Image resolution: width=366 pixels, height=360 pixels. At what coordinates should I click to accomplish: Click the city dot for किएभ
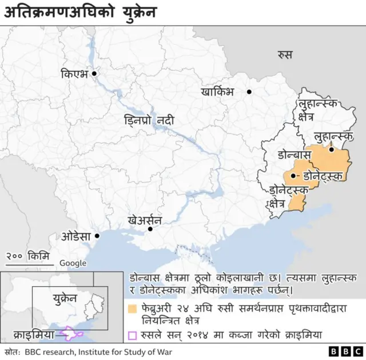tap(94, 73)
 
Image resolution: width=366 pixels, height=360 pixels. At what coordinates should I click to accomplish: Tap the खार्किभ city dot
tap(249, 92)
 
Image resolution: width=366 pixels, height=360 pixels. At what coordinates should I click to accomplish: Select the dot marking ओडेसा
tap(97, 235)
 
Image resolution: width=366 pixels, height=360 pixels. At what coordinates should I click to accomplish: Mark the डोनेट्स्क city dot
tap(293, 176)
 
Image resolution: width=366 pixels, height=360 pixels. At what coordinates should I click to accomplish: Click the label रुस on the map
tap(284, 55)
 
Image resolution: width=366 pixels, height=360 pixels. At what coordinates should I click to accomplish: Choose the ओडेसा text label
tap(77, 236)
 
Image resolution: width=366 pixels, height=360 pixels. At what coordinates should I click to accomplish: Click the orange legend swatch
tap(132, 309)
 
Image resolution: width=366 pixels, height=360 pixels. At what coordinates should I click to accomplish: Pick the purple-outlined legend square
tap(132, 336)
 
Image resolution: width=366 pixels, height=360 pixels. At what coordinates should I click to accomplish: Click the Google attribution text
tap(73, 263)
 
